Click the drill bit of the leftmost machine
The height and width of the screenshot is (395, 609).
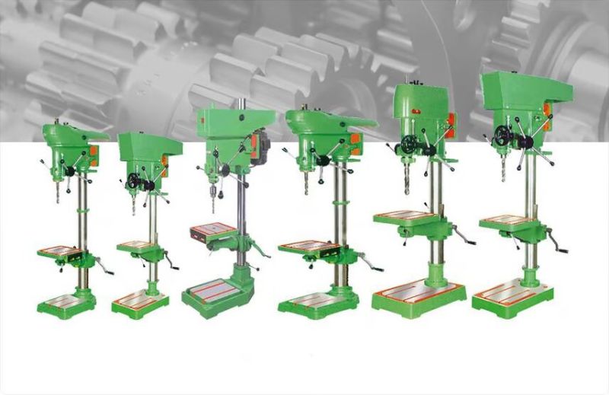click(57, 193)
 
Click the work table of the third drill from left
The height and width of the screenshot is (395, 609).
click(215, 231)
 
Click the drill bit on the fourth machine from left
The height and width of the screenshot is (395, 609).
click(306, 183)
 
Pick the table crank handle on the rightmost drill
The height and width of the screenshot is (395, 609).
click(561, 248)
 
